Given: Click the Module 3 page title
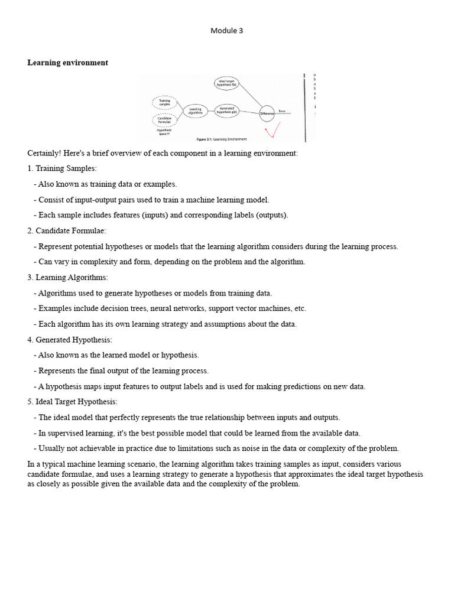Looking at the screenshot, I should (x=226, y=31).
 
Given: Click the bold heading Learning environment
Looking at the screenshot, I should (x=67, y=63).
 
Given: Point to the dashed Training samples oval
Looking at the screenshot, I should (x=164, y=103).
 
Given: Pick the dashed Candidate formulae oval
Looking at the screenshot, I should (x=164, y=120).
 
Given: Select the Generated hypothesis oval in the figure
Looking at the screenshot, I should (x=227, y=110).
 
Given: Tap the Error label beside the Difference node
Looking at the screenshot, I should (x=283, y=110).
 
